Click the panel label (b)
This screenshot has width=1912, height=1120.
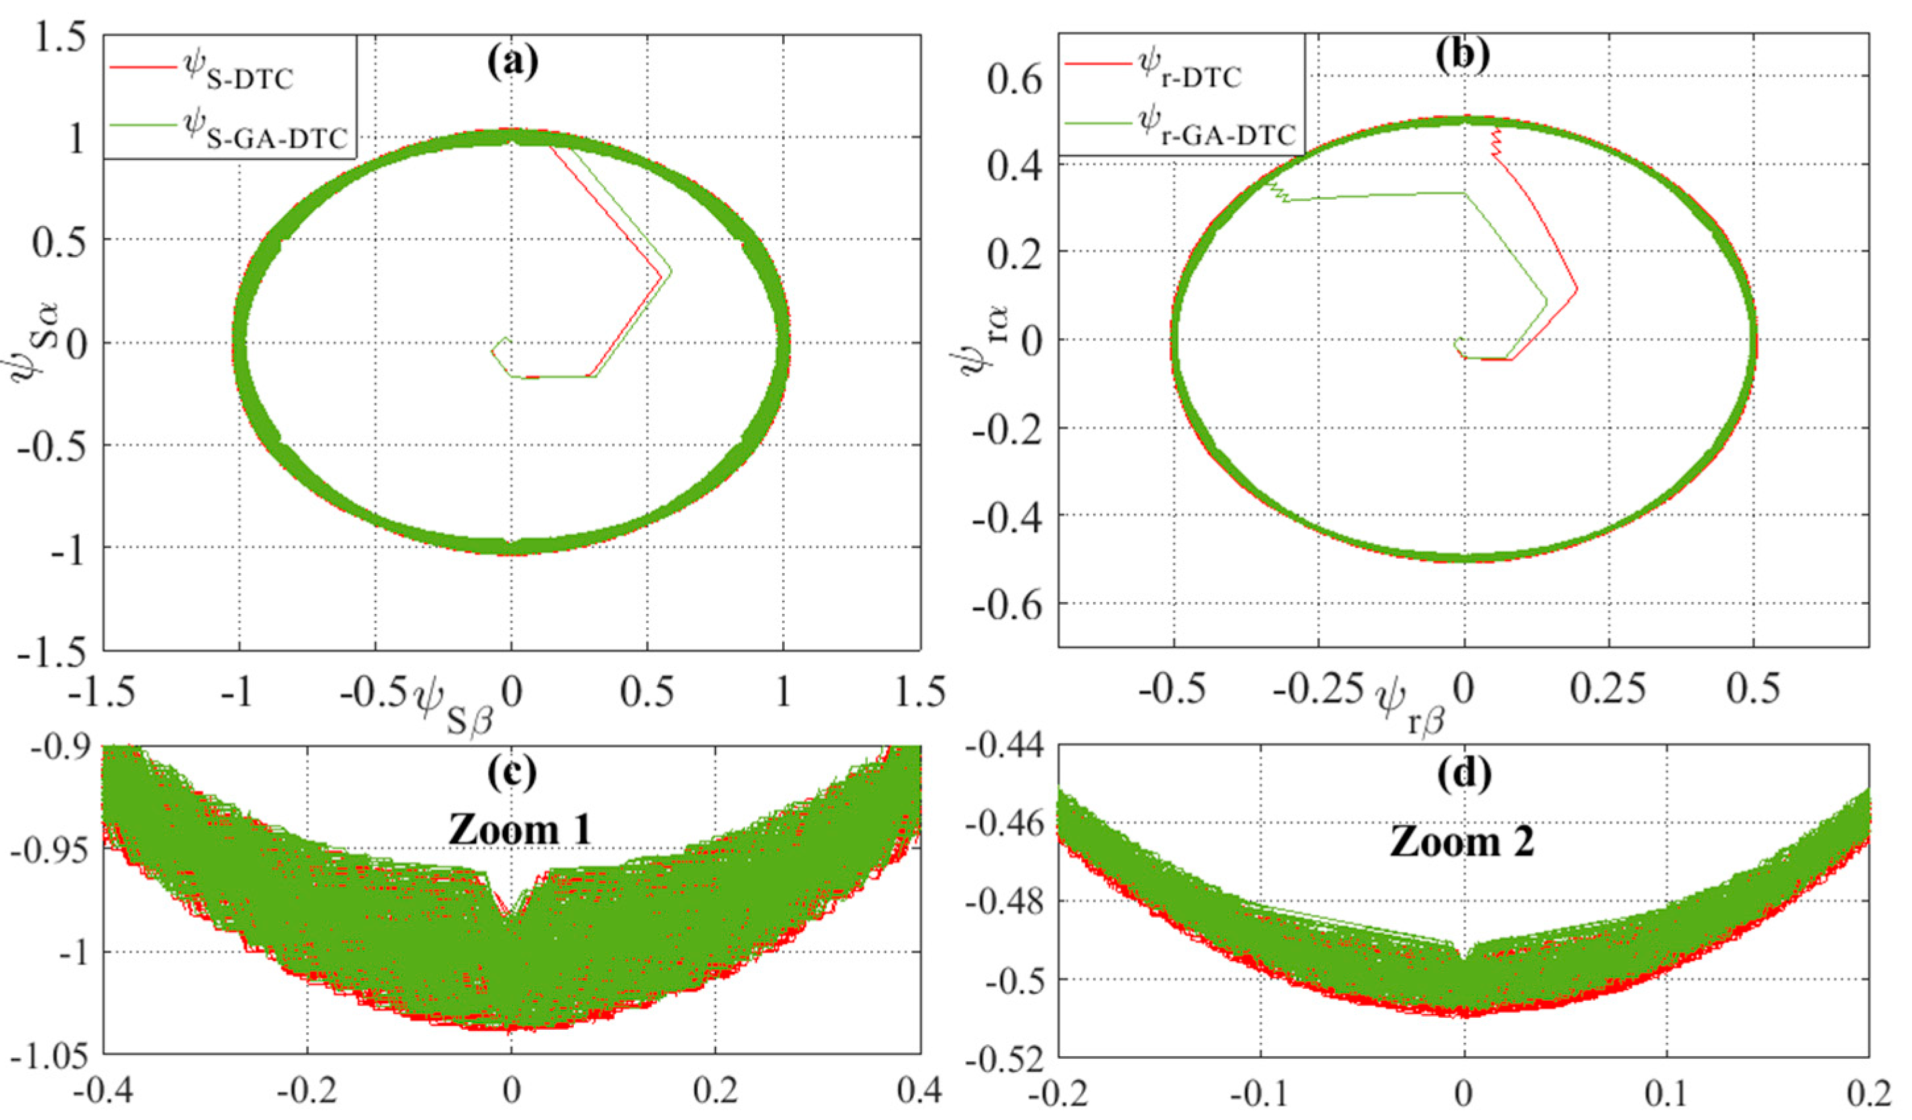point(1463,55)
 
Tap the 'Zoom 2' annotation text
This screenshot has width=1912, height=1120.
point(1462,842)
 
